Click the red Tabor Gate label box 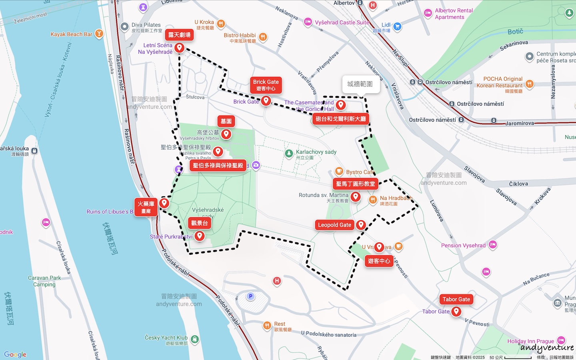click(456, 299)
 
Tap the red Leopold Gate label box click(334, 225)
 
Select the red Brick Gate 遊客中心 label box click(266, 85)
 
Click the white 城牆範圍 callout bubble click(360, 84)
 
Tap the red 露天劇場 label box click(179, 35)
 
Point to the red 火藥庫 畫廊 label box click(146, 207)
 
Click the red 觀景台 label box click(199, 223)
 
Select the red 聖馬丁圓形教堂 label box click(355, 184)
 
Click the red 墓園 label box click(226, 121)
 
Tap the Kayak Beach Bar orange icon click(99, 34)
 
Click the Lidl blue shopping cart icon click(397, 27)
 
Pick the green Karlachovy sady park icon click(289, 153)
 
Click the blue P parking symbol click(250, 296)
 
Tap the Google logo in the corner click(15, 354)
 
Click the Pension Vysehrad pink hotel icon click(493, 244)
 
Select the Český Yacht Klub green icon click(195, 339)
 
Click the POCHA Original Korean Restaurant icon click(530, 84)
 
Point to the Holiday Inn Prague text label click(530, 341)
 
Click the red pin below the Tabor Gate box click(456, 312)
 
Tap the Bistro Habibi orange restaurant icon click(263, 37)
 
